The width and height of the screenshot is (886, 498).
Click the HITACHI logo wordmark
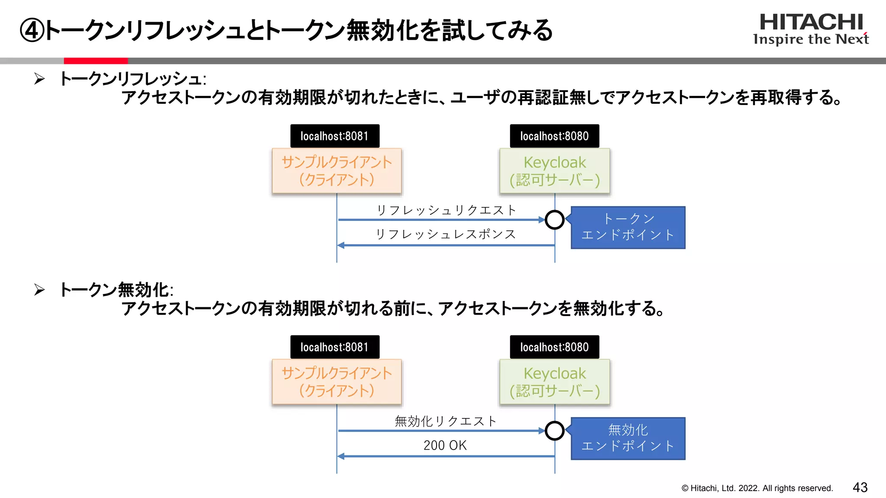coord(811,22)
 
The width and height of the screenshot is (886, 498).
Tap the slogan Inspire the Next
coord(811,39)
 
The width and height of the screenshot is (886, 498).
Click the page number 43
coord(860,488)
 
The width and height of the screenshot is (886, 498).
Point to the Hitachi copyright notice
coord(757,488)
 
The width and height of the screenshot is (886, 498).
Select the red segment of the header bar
coord(96,61)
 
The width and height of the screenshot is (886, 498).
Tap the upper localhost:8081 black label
coord(334,136)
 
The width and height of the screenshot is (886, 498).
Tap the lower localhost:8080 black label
coord(554,347)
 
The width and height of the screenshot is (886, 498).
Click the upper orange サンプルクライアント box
coord(337,171)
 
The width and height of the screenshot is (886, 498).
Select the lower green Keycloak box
coord(555,382)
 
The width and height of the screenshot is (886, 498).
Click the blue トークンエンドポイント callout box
coord(628,227)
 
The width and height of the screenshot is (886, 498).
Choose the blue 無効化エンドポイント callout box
coord(628,438)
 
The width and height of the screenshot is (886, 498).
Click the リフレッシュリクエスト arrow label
coord(446,211)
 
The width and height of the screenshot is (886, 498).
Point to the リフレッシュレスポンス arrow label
coord(446,234)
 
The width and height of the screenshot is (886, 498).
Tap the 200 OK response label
coord(445,445)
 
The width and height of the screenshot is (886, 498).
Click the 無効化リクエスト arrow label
coord(446,421)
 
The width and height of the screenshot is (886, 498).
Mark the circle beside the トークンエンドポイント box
coord(555,220)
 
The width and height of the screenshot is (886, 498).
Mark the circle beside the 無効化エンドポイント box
coord(555,431)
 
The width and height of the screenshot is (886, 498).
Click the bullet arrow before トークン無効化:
coord(39,290)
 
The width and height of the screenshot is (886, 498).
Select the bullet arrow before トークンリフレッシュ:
coord(39,79)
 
